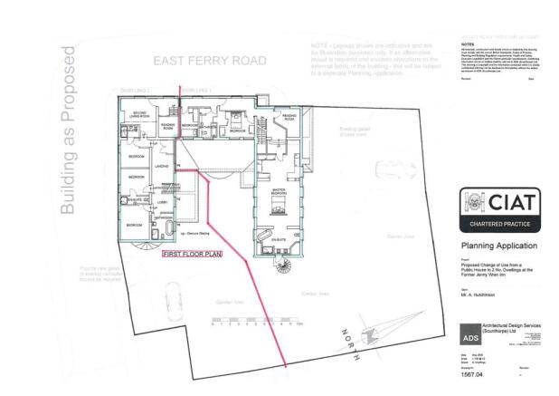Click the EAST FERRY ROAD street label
[x=210, y=61]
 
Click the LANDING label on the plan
[x=162, y=166]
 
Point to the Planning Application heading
[x=498, y=246]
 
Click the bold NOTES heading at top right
[x=468, y=43]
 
